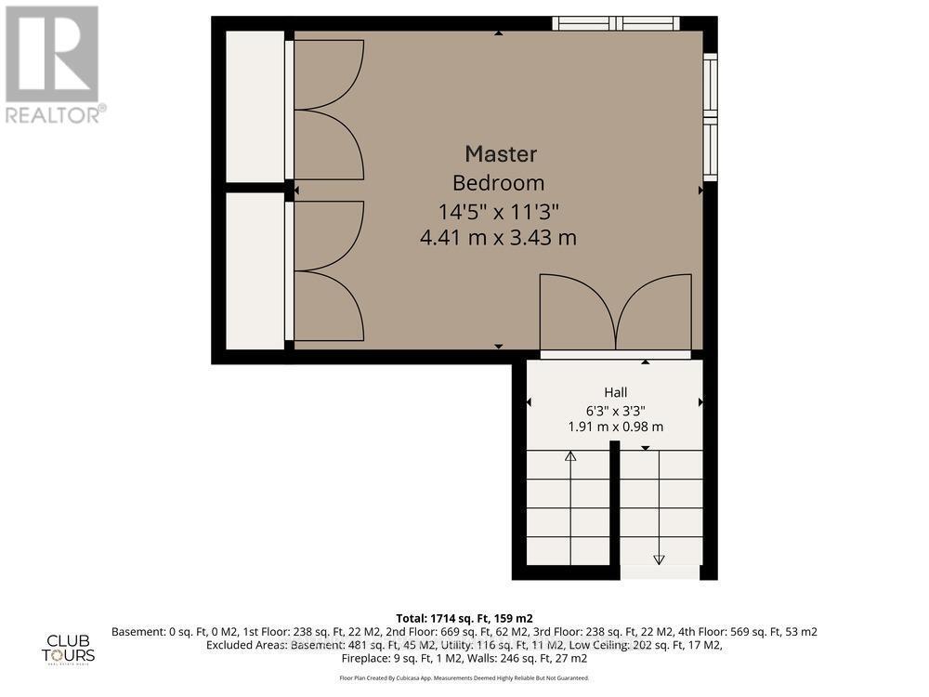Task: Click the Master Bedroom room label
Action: tap(501, 167)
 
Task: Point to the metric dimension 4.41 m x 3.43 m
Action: tap(498, 238)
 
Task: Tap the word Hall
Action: tap(615, 392)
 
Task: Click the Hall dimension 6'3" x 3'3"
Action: tap(615, 410)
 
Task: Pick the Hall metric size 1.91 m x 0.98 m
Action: tap(615, 427)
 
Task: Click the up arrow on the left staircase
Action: tap(570, 456)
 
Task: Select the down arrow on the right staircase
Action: tap(660, 559)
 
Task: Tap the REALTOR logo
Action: tap(53, 65)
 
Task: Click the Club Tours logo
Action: tap(71, 647)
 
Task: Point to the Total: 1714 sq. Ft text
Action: tap(464, 617)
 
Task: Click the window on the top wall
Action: tap(616, 23)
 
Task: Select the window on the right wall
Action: tap(711, 117)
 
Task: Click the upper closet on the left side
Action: tap(255, 106)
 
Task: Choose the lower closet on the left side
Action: tap(255, 270)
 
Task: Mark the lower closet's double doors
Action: tap(327, 270)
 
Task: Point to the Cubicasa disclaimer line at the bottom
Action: tap(464, 678)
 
